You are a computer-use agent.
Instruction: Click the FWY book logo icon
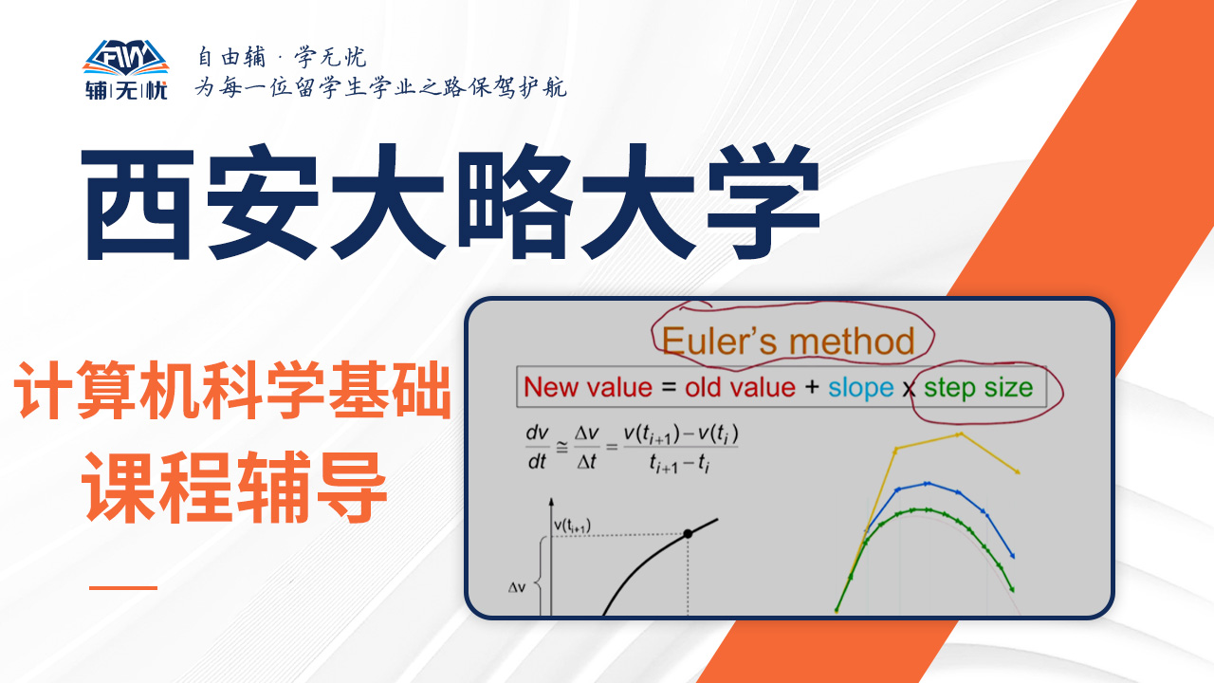[x=126, y=57]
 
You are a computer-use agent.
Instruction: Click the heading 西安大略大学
[x=451, y=202]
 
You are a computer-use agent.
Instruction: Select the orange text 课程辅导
[x=234, y=487]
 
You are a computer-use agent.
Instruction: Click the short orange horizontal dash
[x=123, y=587]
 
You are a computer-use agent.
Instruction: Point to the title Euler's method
[x=788, y=341]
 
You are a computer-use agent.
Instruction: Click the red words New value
[x=588, y=388]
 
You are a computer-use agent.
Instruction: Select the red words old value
[x=740, y=388]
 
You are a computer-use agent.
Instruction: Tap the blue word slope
[x=860, y=389]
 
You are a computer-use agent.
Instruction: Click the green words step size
[x=978, y=389]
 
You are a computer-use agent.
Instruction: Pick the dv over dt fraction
[x=537, y=447]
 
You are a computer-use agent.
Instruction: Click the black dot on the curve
[x=688, y=534]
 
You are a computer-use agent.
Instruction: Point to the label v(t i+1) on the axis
[x=572, y=526]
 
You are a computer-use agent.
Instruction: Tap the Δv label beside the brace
[x=517, y=587]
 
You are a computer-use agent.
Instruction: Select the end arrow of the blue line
[x=1012, y=555]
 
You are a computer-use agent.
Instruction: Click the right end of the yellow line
[x=1019, y=472]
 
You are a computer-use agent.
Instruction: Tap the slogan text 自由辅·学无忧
[x=282, y=57]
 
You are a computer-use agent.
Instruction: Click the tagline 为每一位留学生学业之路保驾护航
[x=381, y=87]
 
